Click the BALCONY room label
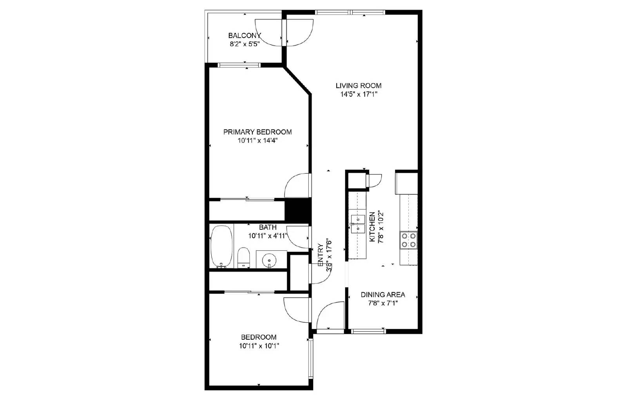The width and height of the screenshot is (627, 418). coord(245,36)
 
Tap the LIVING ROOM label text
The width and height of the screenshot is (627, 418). coord(358,85)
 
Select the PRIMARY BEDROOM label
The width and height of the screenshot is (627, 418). coord(257,132)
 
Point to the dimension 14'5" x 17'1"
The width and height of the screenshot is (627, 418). coord(358,94)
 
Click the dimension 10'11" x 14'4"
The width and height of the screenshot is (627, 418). coord(257,141)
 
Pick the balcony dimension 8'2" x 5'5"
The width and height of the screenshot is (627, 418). coord(245,44)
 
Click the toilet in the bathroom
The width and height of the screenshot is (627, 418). coord(243,257)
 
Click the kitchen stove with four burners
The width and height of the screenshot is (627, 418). coord(408,240)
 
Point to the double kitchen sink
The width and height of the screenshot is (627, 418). coord(358,224)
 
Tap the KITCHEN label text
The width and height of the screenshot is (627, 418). coord(372,227)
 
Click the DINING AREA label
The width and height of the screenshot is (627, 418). coord(383,295)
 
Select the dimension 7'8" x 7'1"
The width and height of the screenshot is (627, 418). coord(383,303)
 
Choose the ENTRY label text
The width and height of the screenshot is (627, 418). coord(321,255)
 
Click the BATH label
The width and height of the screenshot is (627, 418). coord(268,227)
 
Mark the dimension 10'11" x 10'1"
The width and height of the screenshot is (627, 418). coord(259,346)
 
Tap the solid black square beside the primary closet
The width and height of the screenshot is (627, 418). coord(297,210)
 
